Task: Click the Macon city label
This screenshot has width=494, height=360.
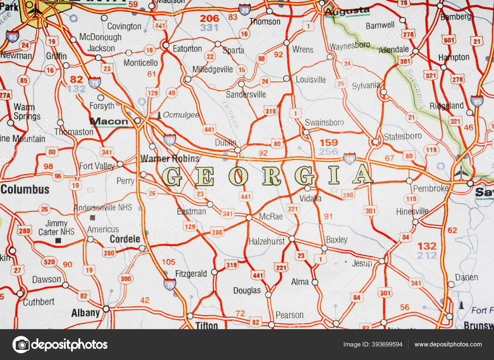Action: pyautogui.click(x=109, y=122)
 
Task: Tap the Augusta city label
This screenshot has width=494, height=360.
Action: pyautogui.click(x=347, y=11)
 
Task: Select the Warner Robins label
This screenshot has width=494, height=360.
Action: pyautogui.click(x=170, y=159)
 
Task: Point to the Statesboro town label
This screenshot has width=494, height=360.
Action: pyautogui.click(x=403, y=136)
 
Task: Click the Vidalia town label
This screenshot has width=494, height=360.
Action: pyautogui.click(x=310, y=198)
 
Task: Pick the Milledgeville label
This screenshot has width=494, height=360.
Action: pyautogui.click(x=212, y=69)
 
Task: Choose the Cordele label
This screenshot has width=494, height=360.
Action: pyautogui.click(x=125, y=239)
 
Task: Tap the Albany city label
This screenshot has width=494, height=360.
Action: pyautogui.click(x=86, y=313)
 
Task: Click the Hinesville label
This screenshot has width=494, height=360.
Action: pyautogui.click(x=412, y=211)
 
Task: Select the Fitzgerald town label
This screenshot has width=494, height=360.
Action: pyautogui.click(x=191, y=274)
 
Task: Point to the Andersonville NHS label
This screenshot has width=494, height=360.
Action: pyautogui.click(x=103, y=208)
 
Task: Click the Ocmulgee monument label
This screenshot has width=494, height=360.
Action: pyautogui.click(x=181, y=115)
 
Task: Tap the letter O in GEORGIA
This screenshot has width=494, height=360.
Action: pyautogui.click(x=238, y=177)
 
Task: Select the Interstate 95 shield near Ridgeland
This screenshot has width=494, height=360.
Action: pyautogui.click(x=477, y=101)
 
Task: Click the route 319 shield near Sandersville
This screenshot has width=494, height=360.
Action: pyautogui.click(x=270, y=111)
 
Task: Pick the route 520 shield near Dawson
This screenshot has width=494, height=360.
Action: pyautogui.click(x=49, y=262)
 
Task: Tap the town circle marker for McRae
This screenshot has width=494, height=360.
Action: pyautogui.click(x=249, y=218)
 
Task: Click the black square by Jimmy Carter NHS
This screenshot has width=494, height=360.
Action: pyautogui.click(x=58, y=241)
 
